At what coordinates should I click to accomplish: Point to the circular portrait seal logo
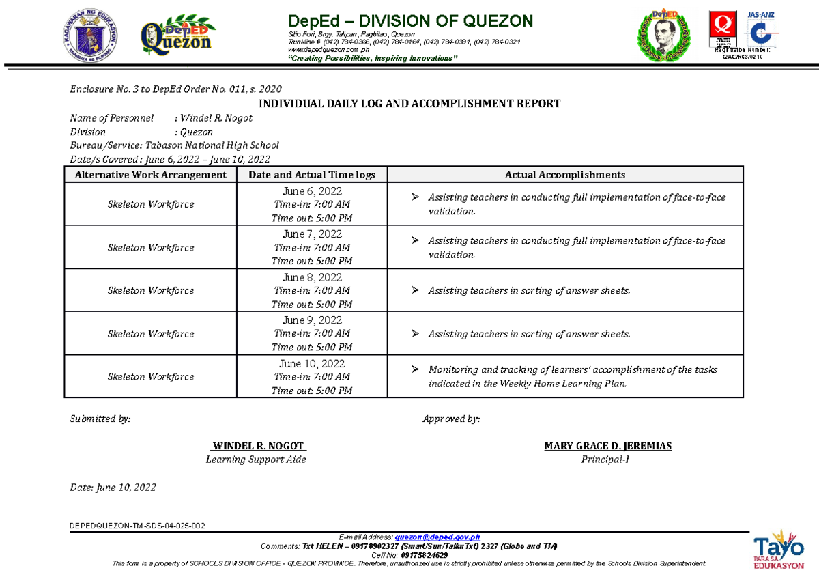click(x=663, y=38)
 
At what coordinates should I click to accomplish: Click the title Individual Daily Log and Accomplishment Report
click(x=409, y=104)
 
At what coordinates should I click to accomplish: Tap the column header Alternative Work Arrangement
click(x=150, y=175)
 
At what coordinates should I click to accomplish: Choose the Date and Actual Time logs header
click(x=312, y=175)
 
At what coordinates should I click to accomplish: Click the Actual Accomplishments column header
click(x=564, y=175)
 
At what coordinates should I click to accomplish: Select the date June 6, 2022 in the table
click(x=312, y=191)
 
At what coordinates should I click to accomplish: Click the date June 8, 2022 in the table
click(x=312, y=277)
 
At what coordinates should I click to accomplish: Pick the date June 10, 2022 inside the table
click(x=312, y=363)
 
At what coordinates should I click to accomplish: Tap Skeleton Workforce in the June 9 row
click(x=150, y=334)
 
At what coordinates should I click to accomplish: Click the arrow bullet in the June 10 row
click(x=414, y=370)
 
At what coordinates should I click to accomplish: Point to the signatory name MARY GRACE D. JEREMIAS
click(x=607, y=446)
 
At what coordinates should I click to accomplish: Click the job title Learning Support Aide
click(x=256, y=460)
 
